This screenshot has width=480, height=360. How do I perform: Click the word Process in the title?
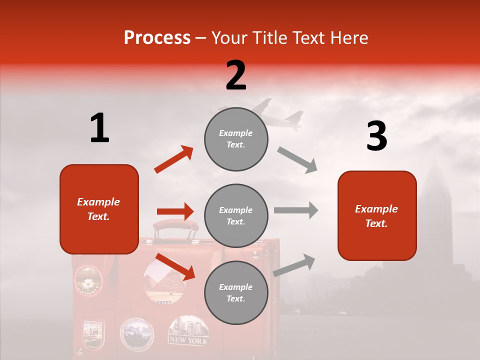(157, 38)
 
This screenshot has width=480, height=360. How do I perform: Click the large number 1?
(99, 128)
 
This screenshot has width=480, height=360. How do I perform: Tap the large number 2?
(236, 75)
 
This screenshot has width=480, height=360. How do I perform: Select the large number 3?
(376, 136)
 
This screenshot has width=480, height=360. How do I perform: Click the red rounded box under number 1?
(99, 209)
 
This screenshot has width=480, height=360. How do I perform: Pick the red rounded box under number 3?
(377, 215)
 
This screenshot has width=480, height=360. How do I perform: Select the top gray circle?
(236, 139)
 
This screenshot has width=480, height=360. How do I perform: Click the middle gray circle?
(236, 216)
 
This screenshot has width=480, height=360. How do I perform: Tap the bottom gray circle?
(236, 293)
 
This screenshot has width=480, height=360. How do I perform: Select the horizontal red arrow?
(175, 212)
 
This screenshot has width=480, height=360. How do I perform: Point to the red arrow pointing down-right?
(175, 266)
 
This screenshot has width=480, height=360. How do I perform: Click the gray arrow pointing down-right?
(297, 160)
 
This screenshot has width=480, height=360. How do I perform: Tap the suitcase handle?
(175, 227)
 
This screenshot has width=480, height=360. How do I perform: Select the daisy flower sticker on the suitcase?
(88, 283)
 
